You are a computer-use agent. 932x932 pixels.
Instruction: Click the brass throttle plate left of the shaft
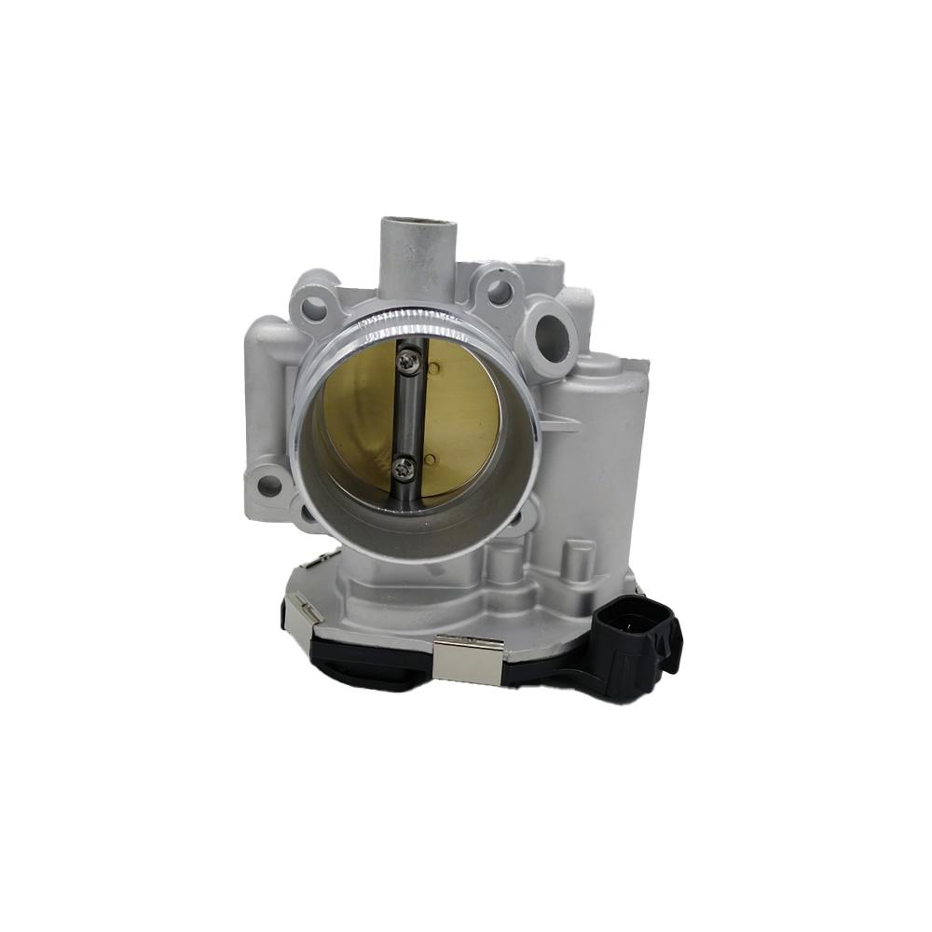[359, 410]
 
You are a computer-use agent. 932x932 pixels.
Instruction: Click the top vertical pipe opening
[417, 225]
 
